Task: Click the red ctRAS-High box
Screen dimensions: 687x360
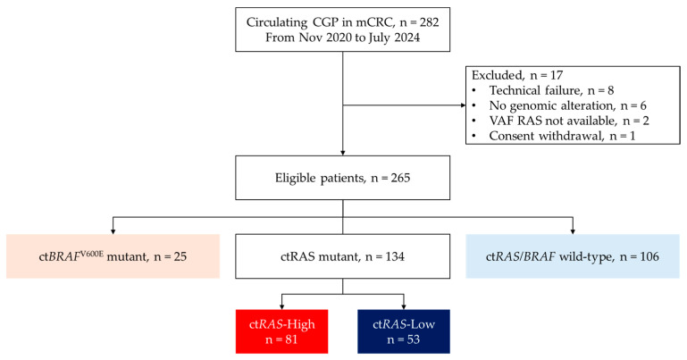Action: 281,331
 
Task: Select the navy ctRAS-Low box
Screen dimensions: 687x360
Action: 404,331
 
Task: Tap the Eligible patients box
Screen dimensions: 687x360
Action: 343,178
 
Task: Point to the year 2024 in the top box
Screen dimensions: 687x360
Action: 406,38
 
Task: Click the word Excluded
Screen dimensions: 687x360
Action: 497,75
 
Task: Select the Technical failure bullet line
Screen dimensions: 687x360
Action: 543,90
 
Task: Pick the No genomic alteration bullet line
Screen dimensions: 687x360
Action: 559,105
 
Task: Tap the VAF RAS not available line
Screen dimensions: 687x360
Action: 561,121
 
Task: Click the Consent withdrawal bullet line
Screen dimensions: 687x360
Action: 554,136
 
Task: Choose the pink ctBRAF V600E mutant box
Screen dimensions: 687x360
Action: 113,256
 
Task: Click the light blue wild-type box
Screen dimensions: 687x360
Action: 573,256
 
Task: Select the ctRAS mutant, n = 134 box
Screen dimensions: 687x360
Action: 343,256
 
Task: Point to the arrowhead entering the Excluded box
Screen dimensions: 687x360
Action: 463,105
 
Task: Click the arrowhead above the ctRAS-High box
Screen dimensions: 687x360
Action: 281,307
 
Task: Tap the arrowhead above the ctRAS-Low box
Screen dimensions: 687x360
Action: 404,307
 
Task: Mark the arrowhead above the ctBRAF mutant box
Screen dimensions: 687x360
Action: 113,231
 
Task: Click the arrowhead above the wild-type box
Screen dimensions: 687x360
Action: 573,231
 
